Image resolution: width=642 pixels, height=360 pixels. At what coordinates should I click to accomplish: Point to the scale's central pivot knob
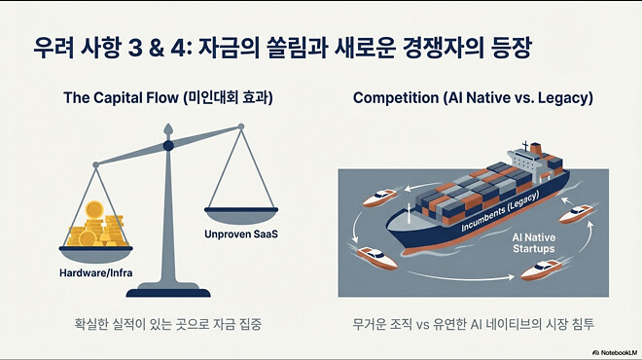168,146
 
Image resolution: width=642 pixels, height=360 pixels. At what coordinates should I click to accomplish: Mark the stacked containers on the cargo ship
457,190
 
